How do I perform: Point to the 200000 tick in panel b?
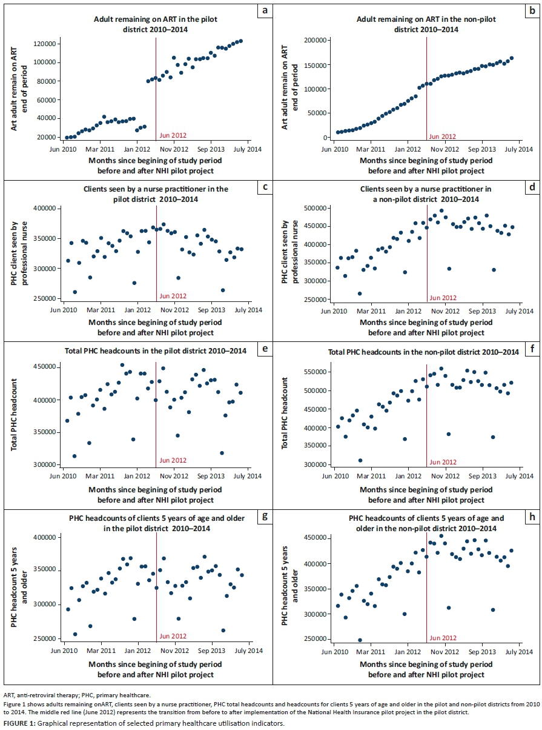(314, 40)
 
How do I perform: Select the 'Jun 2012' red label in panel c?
(173, 296)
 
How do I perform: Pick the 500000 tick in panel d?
(314, 209)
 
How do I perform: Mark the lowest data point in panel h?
(360, 640)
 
